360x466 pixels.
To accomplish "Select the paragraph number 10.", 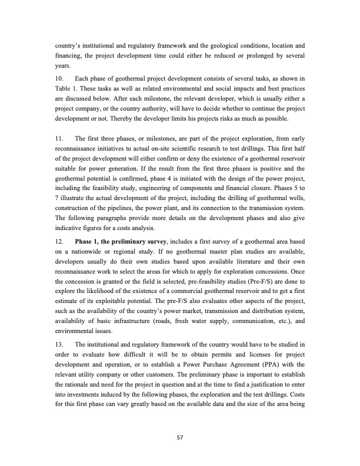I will point(58,79).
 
